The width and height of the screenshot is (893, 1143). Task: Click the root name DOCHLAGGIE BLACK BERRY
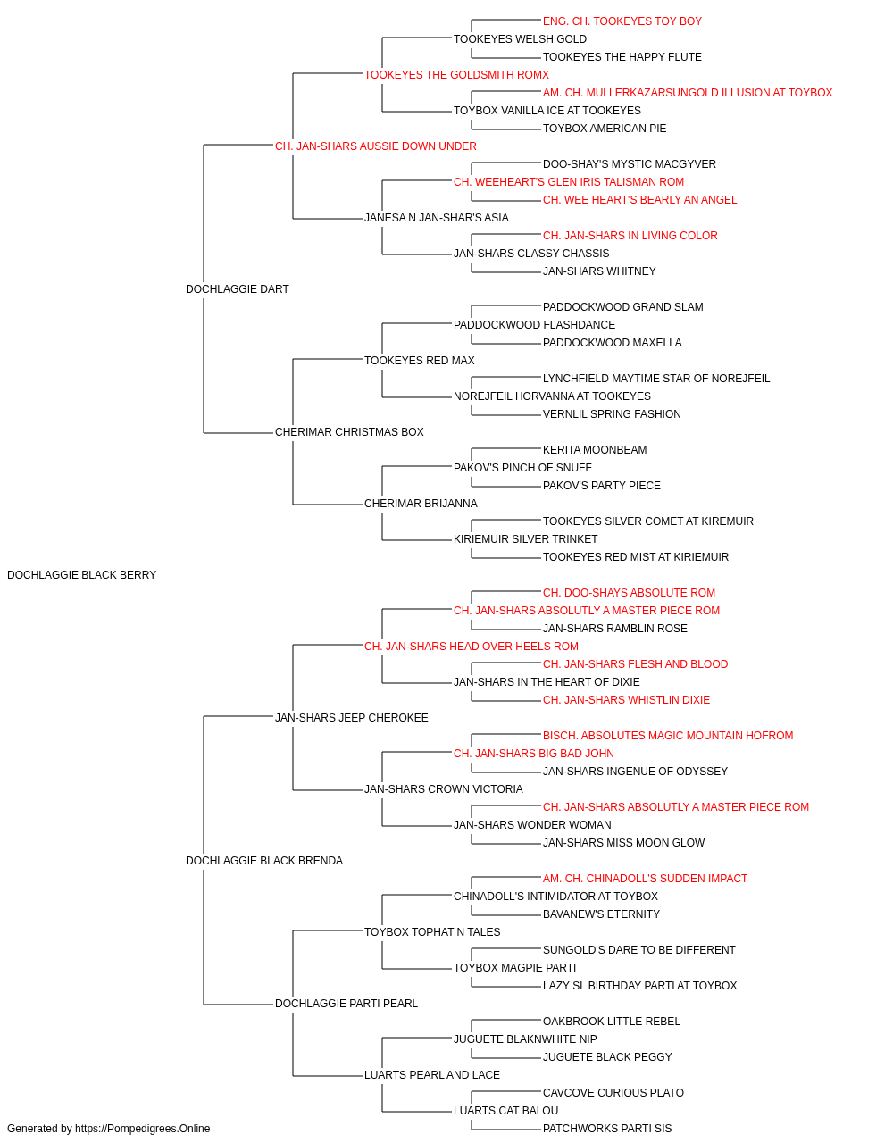click(x=81, y=575)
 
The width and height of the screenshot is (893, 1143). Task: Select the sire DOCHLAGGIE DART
click(x=238, y=289)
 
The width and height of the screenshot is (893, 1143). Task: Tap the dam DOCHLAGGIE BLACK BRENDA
click(x=264, y=861)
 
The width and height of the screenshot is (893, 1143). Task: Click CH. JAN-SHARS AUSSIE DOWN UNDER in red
click(x=375, y=146)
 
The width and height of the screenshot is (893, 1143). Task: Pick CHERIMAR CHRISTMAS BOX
click(x=349, y=432)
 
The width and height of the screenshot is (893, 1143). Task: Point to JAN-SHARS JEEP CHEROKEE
click(x=351, y=717)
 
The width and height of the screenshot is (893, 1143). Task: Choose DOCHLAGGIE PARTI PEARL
click(x=346, y=1004)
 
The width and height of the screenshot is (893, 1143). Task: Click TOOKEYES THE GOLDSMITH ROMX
click(x=456, y=75)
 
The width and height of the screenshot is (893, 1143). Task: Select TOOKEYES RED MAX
click(x=419, y=360)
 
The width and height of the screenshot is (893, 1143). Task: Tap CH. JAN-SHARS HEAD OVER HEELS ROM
click(x=472, y=646)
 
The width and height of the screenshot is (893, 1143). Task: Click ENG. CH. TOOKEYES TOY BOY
click(x=622, y=21)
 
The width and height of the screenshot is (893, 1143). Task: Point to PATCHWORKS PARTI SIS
click(x=607, y=1129)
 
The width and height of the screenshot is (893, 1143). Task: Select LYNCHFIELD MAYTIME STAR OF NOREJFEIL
click(x=655, y=379)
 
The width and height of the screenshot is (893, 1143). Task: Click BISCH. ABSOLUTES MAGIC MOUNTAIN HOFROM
click(x=668, y=735)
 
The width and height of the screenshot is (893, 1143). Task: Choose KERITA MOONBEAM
click(x=595, y=450)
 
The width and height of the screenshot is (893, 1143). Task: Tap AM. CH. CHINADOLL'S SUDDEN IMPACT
click(x=645, y=879)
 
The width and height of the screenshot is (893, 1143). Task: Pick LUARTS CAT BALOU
click(x=506, y=1110)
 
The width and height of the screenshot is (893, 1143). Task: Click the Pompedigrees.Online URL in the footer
click(x=142, y=1129)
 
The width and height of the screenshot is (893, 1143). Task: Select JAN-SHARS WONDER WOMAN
click(x=532, y=825)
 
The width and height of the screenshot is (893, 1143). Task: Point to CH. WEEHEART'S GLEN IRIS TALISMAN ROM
click(x=569, y=182)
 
